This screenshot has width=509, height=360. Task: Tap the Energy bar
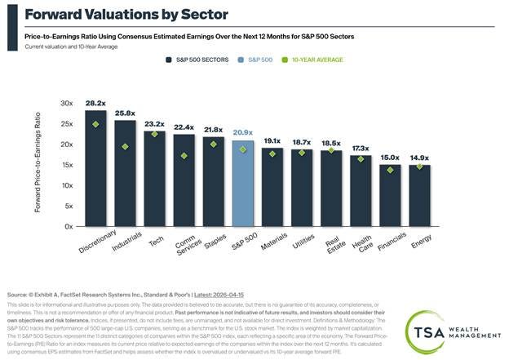pyautogui.click(x=420, y=196)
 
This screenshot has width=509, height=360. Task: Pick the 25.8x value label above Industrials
pyautogui.click(x=125, y=113)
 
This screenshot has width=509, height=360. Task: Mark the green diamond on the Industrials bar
pyautogui.click(x=125, y=146)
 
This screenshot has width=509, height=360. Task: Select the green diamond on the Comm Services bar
pyautogui.click(x=184, y=155)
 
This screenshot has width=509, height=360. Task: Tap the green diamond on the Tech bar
pyautogui.click(x=155, y=134)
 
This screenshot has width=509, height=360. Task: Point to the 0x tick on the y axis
pyautogui.click(x=70, y=226)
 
